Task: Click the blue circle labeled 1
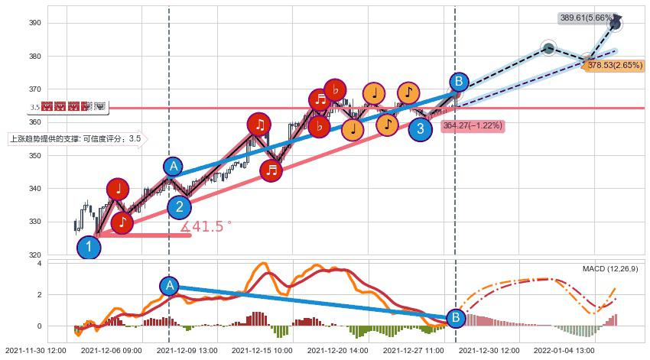point(89,247)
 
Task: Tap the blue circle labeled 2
point(179,206)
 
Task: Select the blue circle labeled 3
point(420,129)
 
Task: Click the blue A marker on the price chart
point(174,167)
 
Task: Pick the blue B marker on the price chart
point(458,82)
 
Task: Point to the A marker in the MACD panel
point(170,286)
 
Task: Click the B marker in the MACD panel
point(456,317)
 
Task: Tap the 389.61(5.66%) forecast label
point(587,17)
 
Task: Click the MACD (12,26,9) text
point(610,268)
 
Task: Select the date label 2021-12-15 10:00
point(262,350)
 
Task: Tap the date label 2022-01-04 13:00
point(564,350)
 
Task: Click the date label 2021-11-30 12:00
point(36,350)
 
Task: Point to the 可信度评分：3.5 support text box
point(75,139)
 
